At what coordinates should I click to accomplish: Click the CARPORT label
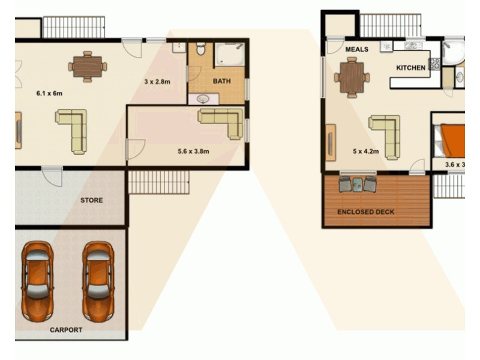(66, 329)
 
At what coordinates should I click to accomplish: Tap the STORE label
(92, 200)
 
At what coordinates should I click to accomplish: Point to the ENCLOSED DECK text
(365, 212)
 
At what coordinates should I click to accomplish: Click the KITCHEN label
(410, 68)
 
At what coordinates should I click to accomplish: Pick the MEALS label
(357, 49)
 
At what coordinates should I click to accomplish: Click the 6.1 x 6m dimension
(49, 93)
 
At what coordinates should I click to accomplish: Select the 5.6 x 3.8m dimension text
(193, 151)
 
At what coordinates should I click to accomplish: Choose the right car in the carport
(98, 280)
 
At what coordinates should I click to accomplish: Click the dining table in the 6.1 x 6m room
(88, 66)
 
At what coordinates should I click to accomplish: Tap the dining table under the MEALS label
(352, 77)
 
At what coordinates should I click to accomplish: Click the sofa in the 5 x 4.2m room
(385, 136)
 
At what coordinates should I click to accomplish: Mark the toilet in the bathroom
(200, 48)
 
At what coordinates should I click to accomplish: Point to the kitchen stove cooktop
(434, 64)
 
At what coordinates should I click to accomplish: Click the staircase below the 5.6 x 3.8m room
(159, 182)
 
